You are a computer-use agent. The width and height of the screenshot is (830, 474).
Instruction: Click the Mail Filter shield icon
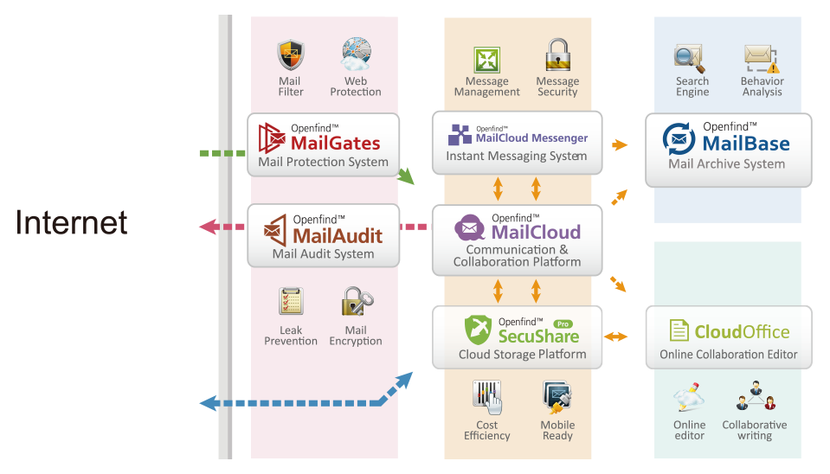point(291,55)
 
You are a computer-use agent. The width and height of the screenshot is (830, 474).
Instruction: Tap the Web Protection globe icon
point(355,54)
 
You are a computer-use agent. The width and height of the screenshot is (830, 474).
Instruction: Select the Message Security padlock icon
point(557,54)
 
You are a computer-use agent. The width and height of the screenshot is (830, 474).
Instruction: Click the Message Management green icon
point(486,59)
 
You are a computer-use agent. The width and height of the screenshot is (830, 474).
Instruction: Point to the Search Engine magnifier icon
point(692,58)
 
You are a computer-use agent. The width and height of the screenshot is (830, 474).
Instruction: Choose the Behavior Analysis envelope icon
point(762,58)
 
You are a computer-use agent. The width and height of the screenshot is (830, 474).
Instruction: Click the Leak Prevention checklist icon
point(291,302)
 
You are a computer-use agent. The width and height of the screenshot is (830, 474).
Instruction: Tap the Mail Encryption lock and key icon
point(356,302)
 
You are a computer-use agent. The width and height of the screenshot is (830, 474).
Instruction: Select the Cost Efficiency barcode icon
point(486,397)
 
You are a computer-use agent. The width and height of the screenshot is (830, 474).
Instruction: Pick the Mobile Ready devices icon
point(557,397)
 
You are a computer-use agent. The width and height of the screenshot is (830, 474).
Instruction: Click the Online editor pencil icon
point(690,399)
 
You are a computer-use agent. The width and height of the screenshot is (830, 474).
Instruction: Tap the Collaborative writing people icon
point(754,400)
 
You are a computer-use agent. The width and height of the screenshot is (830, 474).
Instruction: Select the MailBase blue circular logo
point(679,138)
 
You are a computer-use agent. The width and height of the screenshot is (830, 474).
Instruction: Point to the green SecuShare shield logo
point(478,330)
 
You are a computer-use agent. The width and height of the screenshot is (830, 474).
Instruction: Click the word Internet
point(73,223)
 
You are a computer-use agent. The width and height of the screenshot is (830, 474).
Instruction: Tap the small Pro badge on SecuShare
point(564,323)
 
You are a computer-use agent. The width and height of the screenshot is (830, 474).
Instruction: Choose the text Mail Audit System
point(323,254)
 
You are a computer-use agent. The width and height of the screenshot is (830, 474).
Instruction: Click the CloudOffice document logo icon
point(679,331)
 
